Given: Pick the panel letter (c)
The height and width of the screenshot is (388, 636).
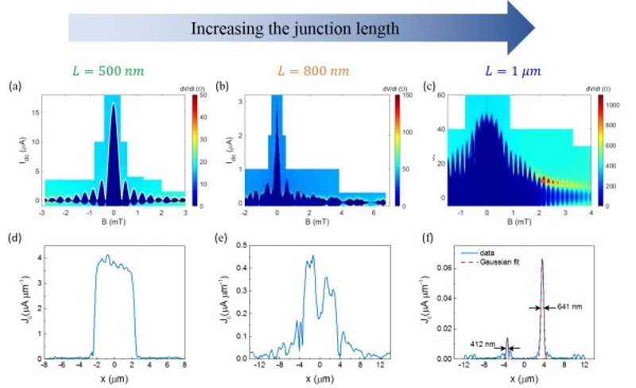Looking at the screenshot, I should tap(430, 85).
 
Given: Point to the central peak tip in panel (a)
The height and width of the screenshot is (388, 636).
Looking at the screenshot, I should tap(113, 105).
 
